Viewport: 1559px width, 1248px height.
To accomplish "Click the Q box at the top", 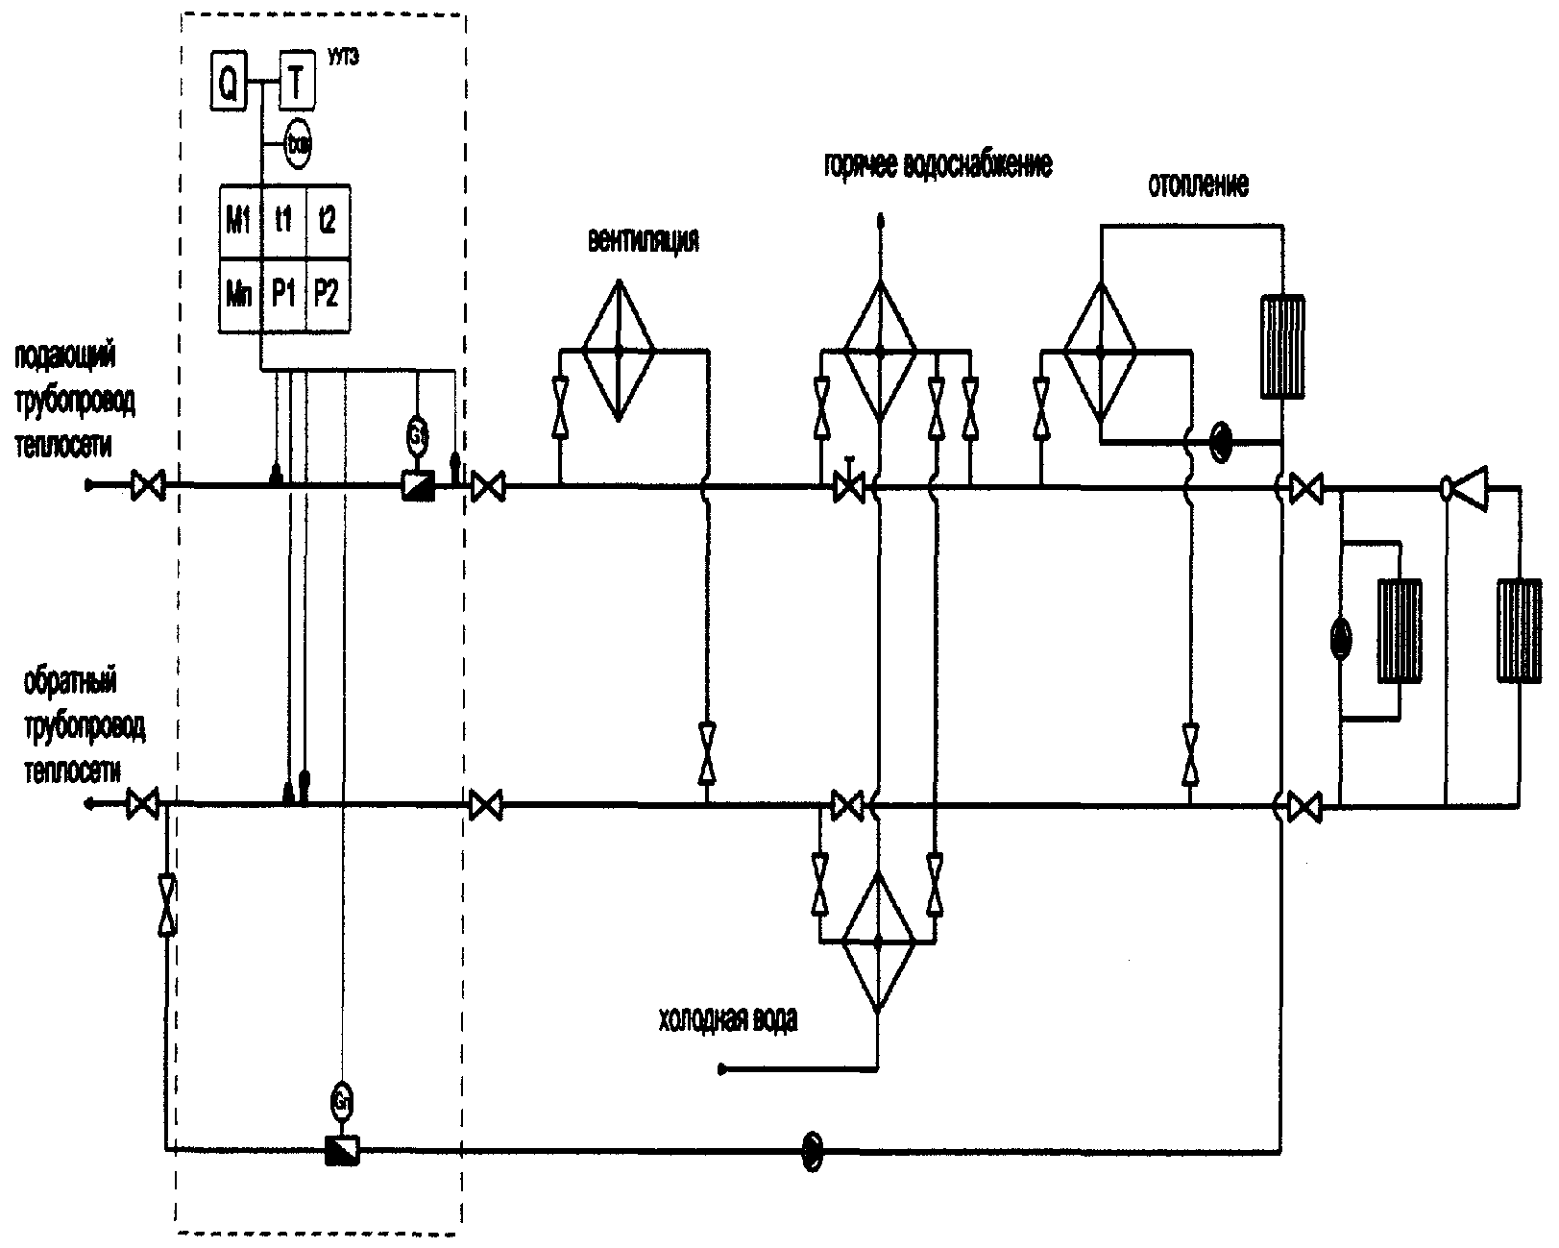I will coord(229,85).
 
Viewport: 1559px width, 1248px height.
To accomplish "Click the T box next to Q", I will coord(296,85).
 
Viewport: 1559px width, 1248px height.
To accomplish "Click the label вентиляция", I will coord(643,240).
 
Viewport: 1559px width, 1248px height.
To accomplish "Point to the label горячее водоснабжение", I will coord(938,165).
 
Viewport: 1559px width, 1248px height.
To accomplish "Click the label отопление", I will coord(1198,185).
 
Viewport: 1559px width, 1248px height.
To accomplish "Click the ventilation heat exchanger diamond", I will coord(620,352).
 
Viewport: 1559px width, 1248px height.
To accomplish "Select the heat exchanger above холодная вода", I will coord(878,942).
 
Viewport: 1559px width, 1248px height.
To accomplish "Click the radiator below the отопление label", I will coord(1282,345).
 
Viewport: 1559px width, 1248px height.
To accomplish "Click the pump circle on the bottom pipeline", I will coord(813,1147).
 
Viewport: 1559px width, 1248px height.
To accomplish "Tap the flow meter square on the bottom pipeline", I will coord(342,1149).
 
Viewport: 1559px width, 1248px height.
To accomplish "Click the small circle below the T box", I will coord(299,144).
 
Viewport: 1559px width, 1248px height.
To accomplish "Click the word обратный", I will coord(70,684).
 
